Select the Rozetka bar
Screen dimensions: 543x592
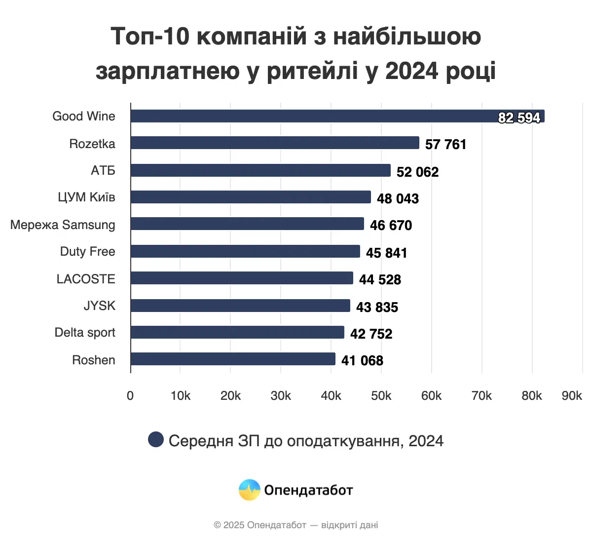[x=275, y=143]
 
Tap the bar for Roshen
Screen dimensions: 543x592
[x=233, y=359]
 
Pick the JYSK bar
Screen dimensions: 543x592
[x=240, y=306]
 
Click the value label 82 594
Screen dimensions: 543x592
[x=519, y=117]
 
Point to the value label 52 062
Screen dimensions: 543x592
[x=417, y=172]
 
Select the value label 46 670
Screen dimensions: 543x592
[x=391, y=226]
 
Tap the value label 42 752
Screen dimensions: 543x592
[x=371, y=334]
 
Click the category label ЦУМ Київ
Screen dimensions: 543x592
[x=86, y=197]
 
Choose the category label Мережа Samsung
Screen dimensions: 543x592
[x=63, y=225]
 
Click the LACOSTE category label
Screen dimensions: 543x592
[x=86, y=279]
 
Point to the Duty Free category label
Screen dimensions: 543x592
[x=87, y=252]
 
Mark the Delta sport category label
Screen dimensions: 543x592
[x=85, y=333]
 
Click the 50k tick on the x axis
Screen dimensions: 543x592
[x=381, y=396]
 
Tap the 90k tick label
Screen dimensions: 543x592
[x=572, y=396]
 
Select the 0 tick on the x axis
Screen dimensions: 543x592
[x=130, y=396]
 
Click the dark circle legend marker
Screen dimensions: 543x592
[x=156, y=439]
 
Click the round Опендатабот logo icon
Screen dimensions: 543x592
[x=249, y=490]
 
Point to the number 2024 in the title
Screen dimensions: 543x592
[x=411, y=71]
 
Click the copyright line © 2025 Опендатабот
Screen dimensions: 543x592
[x=296, y=525]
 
